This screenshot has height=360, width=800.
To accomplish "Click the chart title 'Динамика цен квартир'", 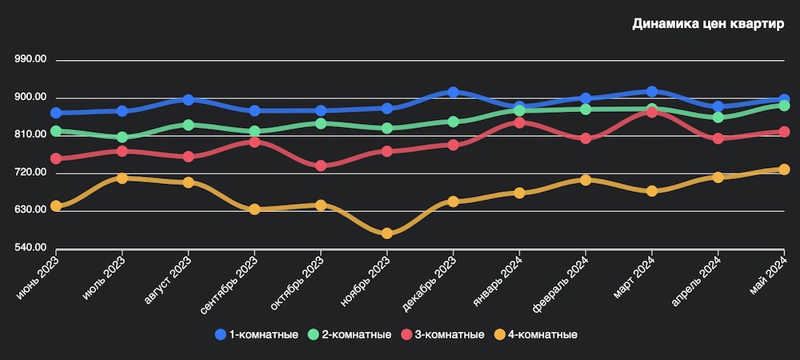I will point(708,24).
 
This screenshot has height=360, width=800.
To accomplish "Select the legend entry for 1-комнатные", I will point(257,334).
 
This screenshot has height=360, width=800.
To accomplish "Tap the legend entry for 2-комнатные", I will point(350,334).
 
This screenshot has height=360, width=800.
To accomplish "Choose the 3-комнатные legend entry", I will point(442,334).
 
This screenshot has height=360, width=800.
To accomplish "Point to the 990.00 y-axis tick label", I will point(30,60).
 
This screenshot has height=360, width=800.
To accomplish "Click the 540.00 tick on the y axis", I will point(30,248).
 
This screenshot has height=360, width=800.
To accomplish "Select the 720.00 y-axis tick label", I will point(30,173).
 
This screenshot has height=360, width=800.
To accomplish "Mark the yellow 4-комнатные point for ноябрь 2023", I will point(387,234).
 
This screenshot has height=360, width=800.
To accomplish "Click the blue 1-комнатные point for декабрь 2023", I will point(454,93).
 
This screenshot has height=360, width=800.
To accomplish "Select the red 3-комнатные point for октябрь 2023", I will point(321,166).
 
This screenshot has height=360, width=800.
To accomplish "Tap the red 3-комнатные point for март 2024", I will point(652,112).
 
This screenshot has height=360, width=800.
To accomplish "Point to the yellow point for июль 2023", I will point(122,178).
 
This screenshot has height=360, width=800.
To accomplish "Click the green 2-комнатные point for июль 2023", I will point(122,138).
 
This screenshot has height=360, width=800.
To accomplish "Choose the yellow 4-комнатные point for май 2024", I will point(784,170).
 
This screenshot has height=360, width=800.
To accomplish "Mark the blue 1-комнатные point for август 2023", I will point(188,100).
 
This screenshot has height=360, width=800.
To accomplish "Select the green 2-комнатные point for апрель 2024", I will point(718,118).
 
